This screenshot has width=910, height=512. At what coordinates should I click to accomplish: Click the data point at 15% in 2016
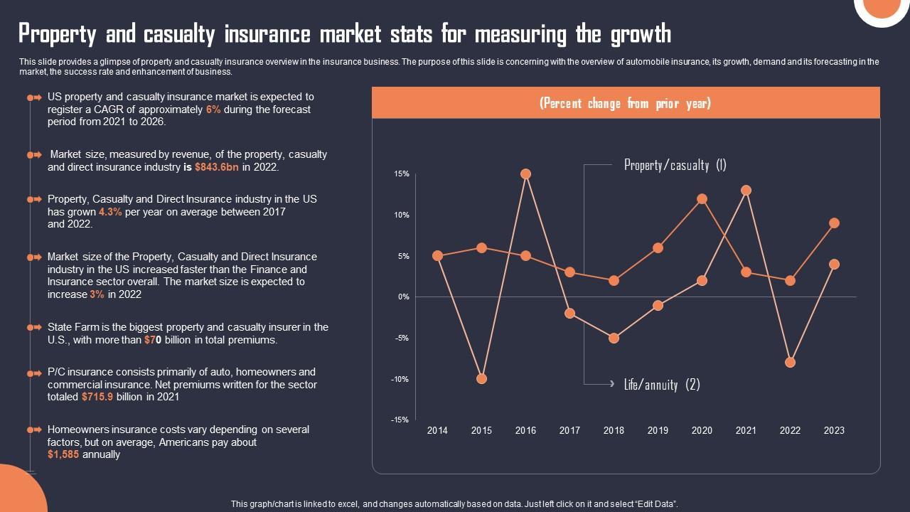pos(525,174)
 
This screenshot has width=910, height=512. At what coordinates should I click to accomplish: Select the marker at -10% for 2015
pos(481,379)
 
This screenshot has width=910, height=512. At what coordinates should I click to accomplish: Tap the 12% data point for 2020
pos(702,199)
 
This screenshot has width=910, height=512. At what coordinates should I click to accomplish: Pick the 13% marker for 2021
pos(746,191)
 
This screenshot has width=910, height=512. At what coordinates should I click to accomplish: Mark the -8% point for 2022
pos(790,363)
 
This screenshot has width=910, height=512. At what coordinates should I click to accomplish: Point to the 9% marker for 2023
pos(834,223)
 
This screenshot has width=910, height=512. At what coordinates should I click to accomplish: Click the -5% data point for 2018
pos(614,338)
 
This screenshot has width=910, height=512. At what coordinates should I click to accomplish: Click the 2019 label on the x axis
pos(658,430)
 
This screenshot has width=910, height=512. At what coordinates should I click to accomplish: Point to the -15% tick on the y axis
pos(400,420)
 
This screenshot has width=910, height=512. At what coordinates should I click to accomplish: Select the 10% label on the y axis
pos(402,215)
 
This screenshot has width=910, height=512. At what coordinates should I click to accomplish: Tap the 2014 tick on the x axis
pos(437,430)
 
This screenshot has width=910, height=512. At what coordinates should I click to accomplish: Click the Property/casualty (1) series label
pos(675,165)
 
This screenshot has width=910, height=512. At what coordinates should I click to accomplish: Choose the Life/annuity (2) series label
pos(662,385)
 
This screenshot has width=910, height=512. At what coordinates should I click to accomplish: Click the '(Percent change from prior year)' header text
pos(625,104)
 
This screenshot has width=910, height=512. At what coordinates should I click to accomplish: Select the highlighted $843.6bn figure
pos(217,168)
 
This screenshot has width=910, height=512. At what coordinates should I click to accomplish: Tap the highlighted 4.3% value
pos(110,212)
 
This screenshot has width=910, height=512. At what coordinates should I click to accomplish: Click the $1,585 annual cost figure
pos(63,455)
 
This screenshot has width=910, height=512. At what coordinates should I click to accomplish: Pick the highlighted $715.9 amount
pos(97,398)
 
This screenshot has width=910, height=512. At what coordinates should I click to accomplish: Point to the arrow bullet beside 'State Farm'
pos(34,328)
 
